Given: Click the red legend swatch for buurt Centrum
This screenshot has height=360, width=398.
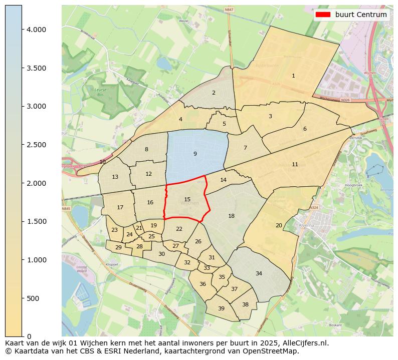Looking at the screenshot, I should pyautogui.click(x=323, y=15).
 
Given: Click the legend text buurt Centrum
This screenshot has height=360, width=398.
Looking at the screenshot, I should pyautogui.click(x=361, y=15).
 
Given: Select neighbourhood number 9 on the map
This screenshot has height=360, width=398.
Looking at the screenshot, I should pyautogui.click(x=195, y=154).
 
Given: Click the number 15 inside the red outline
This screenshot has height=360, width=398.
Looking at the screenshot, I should pyautogui.click(x=187, y=199).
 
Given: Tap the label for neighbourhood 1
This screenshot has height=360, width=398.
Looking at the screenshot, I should pyautogui.click(x=293, y=76).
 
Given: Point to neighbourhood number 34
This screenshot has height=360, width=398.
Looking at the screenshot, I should pyautogui.click(x=259, y=273).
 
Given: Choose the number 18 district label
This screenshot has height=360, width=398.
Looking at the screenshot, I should pyautogui.click(x=231, y=216).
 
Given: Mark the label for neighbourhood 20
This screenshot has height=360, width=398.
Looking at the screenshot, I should pyautogui.click(x=279, y=225).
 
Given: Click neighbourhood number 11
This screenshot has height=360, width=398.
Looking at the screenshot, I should pyautogui.click(x=295, y=164).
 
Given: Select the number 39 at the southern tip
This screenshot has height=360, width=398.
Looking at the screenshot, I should pyautogui.click(x=221, y=308).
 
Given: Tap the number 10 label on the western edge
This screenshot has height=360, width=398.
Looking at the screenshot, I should pyautogui.click(x=102, y=162).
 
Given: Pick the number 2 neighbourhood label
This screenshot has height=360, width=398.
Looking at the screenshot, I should pyautogui.click(x=214, y=93).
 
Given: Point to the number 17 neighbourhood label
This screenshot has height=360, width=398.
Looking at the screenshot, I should pyautogui.click(x=120, y=207).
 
